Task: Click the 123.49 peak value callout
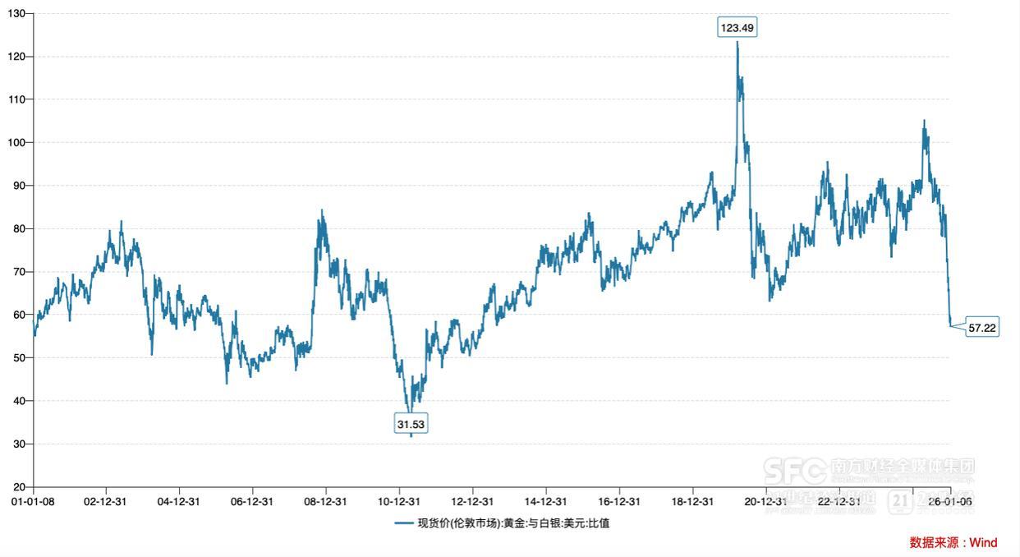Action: point(737,28)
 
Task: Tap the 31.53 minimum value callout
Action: point(411,424)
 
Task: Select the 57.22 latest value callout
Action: point(982,328)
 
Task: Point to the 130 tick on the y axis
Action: point(17,14)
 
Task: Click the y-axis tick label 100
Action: point(17,143)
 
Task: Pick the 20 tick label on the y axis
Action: point(20,487)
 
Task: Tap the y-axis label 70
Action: point(20,272)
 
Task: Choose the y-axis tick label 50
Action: point(20,358)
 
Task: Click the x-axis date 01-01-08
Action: point(33,501)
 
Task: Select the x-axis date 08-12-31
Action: point(326,501)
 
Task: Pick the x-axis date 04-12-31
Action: point(180,501)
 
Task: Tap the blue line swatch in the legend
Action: point(403,523)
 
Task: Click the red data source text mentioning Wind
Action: point(953,542)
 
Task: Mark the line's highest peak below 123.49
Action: point(737,42)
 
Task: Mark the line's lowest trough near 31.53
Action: point(411,436)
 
